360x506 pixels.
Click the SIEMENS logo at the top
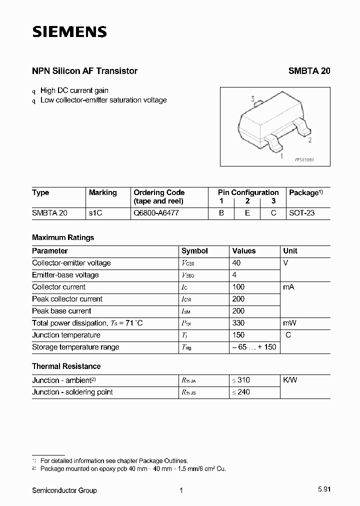tap(69, 32)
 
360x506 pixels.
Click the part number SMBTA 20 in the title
tap(309, 71)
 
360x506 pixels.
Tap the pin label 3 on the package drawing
tap(253, 99)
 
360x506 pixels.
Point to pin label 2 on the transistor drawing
tap(310, 140)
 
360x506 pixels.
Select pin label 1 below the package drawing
tap(281, 156)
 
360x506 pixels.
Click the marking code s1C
tap(95, 213)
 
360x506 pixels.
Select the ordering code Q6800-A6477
tap(156, 213)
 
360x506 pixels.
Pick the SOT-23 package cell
tap(302, 213)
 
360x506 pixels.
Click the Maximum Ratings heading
tap(63, 237)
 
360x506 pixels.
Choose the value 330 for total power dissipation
tap(239, 323)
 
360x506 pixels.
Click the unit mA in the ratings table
tap(289, 287)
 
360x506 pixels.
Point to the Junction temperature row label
tap(66, 335)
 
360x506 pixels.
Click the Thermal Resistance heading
tap(66, 366)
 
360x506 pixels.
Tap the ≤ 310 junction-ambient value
tap(240, 380)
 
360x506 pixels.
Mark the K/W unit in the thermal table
tap(290, 380)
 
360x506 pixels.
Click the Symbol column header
tap(194, 251)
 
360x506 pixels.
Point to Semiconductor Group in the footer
tap(64, 490)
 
